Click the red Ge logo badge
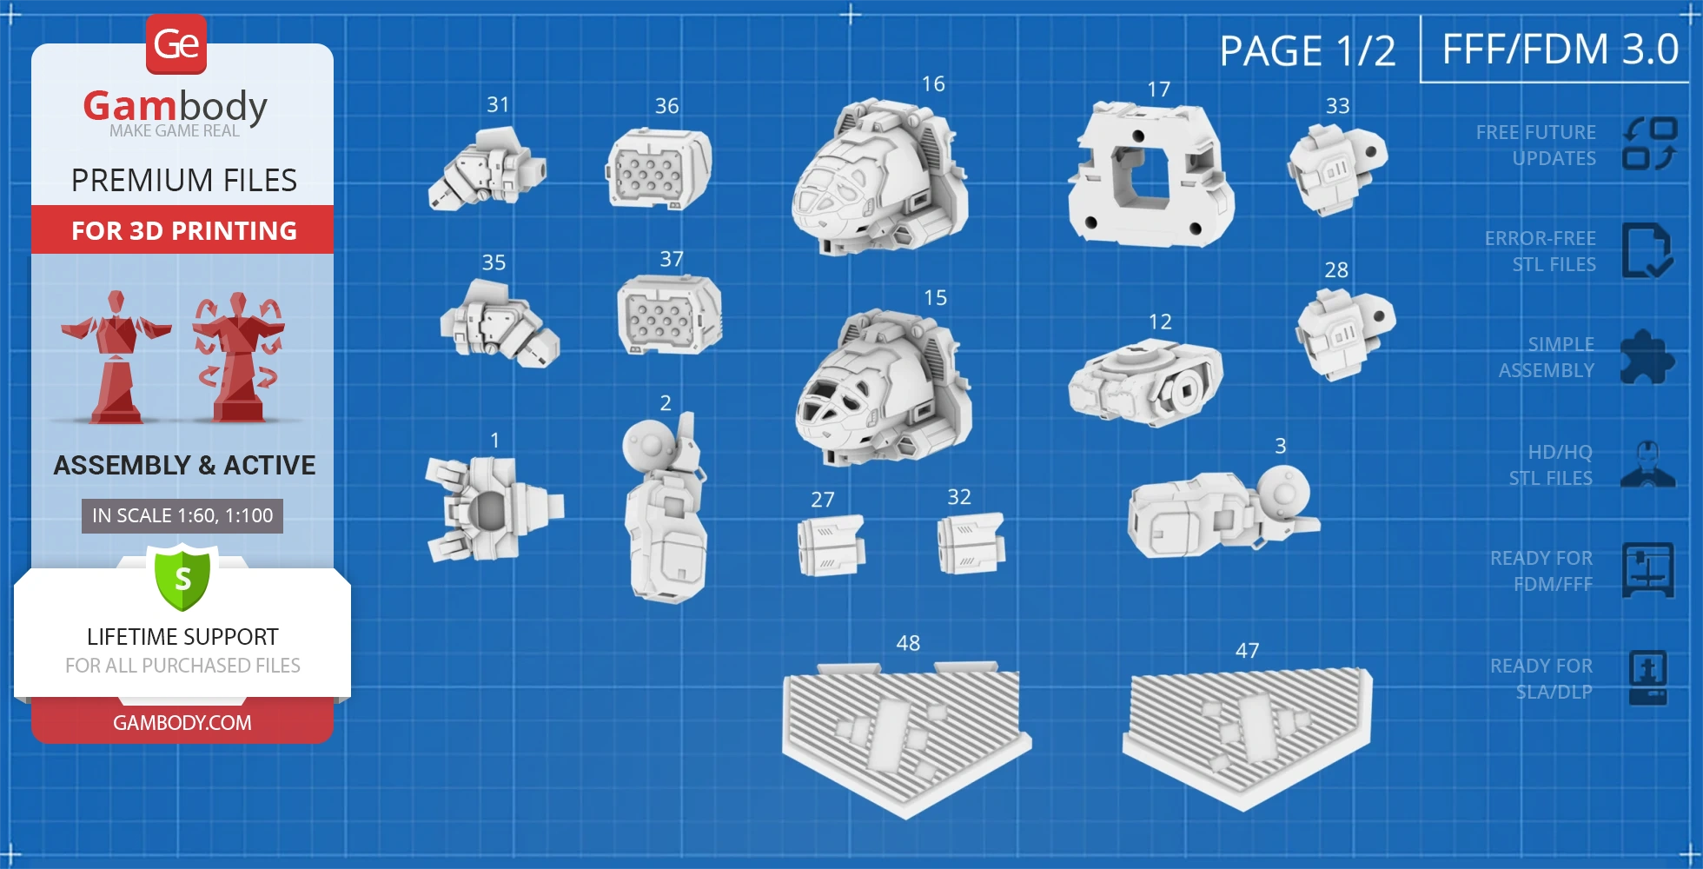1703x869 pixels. coord(176,44)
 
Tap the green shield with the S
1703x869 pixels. coord(182,577)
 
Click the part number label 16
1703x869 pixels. coord(933,83)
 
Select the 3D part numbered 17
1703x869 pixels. coord(1150,175)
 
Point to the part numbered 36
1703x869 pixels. coord(659,169)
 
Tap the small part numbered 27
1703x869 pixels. coord(831,546)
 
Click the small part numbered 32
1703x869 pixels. coord(971,543)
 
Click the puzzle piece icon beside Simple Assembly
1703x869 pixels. coord(1647,357)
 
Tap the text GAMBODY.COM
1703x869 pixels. coord(182,723)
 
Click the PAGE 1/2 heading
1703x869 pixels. coord(1307,50)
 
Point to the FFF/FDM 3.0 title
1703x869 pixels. coord(1561,49)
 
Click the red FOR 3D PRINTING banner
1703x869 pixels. coord(182,230)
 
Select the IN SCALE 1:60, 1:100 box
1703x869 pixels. coord(182,516)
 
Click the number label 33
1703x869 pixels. coord(1337,106)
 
